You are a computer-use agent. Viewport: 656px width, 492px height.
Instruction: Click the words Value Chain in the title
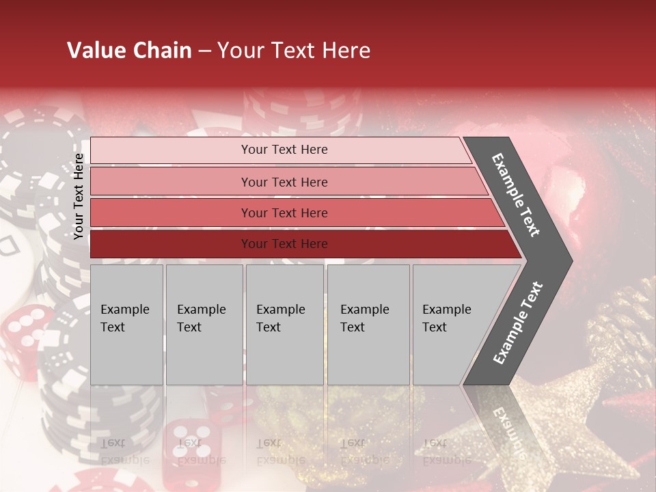coord(129,51)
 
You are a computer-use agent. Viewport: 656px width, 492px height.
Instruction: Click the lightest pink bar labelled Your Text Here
coord(284,150)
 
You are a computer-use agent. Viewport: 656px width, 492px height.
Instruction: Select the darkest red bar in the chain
coord(284,244)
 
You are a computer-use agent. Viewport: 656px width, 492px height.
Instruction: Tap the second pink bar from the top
coord(284,182)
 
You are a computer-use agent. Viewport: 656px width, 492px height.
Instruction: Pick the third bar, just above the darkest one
coord(284,213)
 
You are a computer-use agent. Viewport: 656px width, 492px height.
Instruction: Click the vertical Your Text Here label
coord(79,196)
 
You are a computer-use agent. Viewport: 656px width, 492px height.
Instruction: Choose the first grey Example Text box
coord(126,325)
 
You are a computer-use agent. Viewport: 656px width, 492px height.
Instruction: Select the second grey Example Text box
coord(204,325)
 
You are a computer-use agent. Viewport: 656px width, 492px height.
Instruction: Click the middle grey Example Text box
coord(284,325)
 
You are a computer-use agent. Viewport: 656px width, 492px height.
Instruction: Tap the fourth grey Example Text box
coord(368,325)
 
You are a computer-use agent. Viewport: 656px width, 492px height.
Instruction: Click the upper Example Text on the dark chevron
coord(516,195)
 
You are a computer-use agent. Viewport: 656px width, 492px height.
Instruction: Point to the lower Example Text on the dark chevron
coord(518,323)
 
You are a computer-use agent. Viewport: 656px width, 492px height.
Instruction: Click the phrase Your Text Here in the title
coord(294,51)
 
